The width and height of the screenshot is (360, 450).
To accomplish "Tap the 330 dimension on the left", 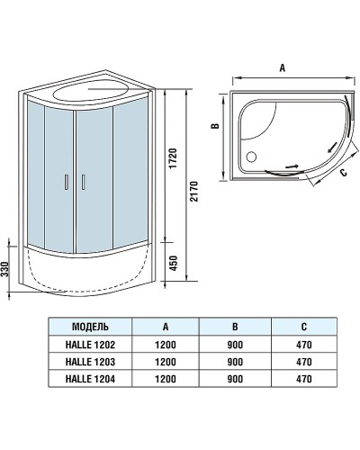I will point(7,270).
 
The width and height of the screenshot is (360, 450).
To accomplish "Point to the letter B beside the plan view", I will point(216,128).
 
